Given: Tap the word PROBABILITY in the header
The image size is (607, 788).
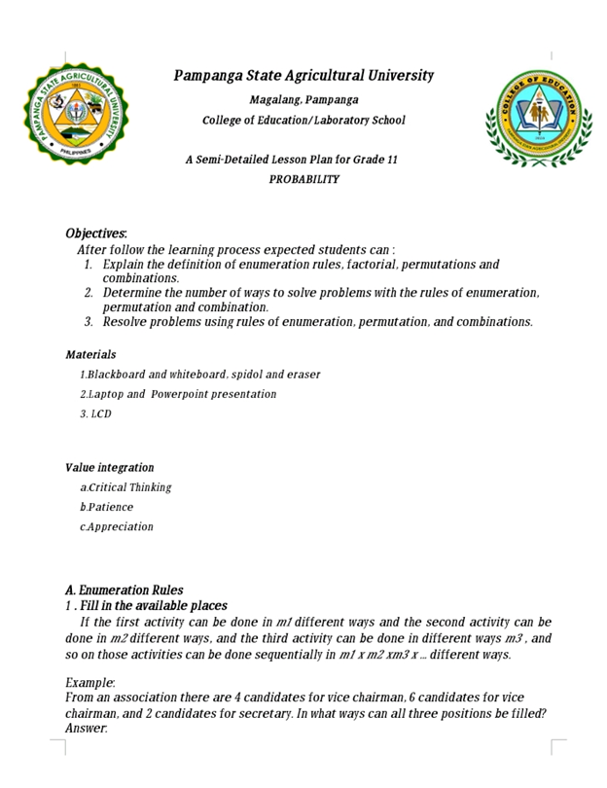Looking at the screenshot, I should [x=303, y=180].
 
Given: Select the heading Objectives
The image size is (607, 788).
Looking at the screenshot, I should [x=96, y=233].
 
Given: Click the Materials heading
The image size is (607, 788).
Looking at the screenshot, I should [x=90, y=354].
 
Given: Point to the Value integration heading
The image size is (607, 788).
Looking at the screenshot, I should [x=109, y=467].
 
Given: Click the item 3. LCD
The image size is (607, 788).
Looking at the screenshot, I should [x=95, y=413].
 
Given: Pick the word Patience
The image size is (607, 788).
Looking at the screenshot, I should [x=110, y=507].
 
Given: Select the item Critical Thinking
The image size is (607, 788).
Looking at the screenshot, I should [x=128, y=487].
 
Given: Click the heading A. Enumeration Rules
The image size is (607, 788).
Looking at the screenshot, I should [x=124, y=590].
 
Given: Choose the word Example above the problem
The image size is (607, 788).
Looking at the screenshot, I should [x=89, y=684].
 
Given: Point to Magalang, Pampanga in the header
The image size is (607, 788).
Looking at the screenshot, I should [x=303, y=99].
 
